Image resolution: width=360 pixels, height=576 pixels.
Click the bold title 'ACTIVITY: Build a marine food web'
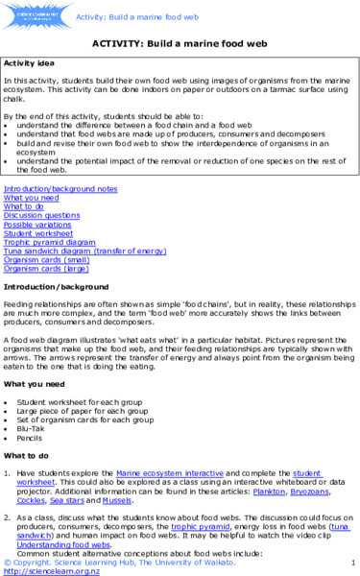(x=180, y=43)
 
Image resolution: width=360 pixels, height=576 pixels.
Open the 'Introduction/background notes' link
(x=60, y=189)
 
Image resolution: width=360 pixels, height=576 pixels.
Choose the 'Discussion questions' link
(x=42, y=215)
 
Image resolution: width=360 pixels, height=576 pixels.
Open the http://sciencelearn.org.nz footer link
(x=43, y=569)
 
